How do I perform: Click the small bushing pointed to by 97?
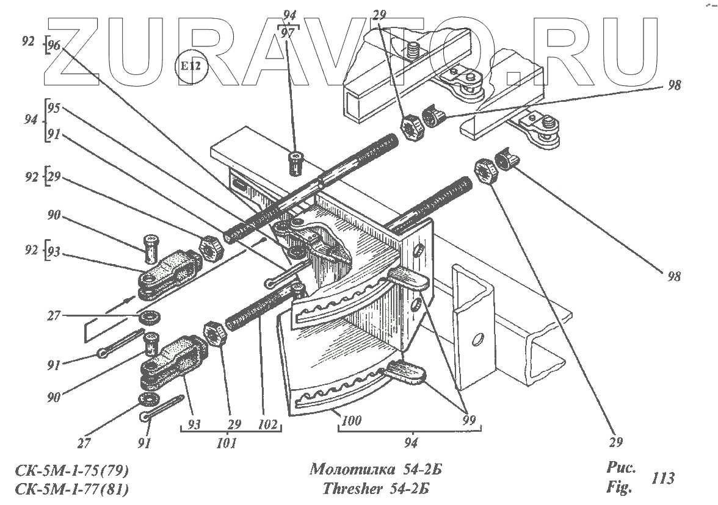point(296,163)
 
